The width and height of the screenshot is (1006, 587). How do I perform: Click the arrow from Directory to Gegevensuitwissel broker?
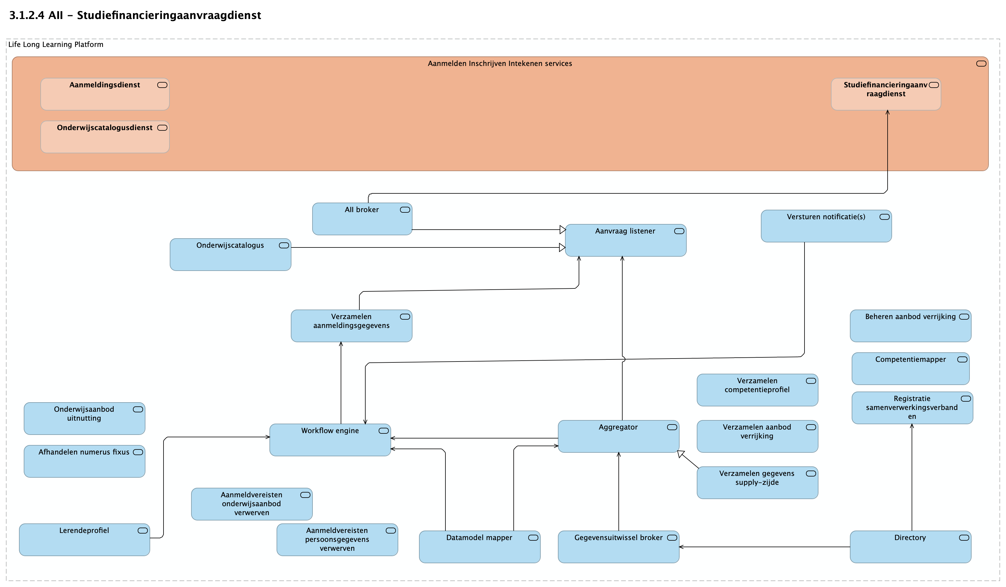764,547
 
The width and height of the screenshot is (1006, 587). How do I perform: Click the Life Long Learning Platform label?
55,44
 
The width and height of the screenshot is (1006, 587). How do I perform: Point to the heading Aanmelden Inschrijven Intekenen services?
499,64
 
